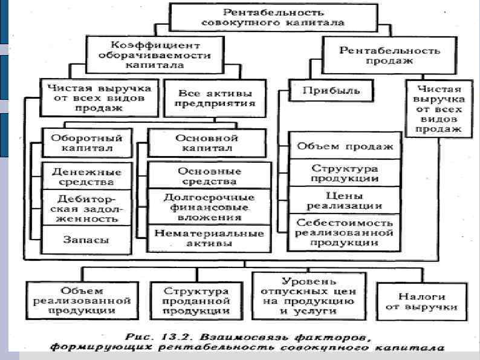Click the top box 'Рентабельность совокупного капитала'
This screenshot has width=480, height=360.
(274, 17)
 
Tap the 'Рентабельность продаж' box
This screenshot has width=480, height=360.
(389, 56)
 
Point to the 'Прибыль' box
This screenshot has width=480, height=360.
(331, 91)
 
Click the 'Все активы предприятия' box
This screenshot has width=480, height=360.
(215, 99)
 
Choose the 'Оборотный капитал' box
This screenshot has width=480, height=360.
(86, 143)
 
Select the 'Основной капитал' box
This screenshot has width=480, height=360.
(207, 143)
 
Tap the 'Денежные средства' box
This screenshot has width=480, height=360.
(86, 176)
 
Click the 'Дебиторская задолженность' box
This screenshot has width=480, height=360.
(86, 208)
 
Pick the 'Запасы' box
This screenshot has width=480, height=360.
(86, 240)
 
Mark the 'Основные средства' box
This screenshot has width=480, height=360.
(207, 175)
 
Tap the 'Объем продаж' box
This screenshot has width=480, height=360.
(344, 146)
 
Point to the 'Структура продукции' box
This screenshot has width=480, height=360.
(344, 173)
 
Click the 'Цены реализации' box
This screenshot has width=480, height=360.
(344, 200)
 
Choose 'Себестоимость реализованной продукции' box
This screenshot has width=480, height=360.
(344, 232)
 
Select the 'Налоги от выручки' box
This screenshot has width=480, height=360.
(422, 301)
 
